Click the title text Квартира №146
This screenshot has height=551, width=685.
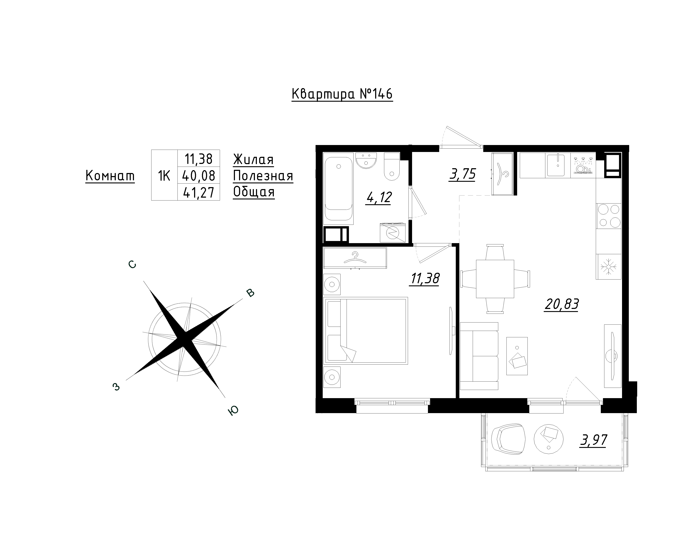point(342,94)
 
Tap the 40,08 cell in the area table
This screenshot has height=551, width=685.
point(199,175)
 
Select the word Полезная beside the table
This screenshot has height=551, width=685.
point(263,176)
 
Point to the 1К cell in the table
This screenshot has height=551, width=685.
point(164,175)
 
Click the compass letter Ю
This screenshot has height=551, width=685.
point(234,411)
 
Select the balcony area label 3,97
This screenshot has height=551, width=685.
point(593,440)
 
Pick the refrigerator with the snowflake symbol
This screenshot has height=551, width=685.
point(608,267)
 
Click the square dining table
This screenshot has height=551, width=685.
point(495,279)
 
